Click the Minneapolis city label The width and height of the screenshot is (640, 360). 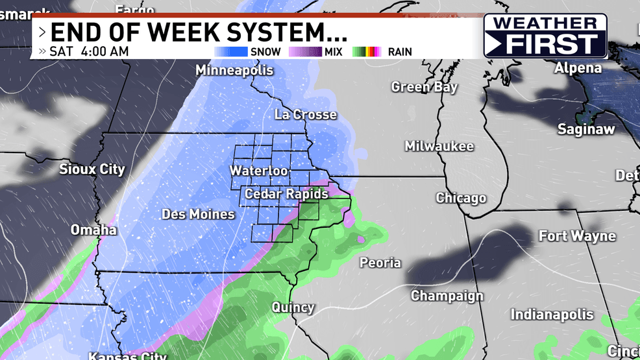point(234,69)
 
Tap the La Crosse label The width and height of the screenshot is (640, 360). point(306,115)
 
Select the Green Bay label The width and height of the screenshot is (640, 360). point(425,87)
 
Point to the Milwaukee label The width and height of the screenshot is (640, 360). point(439,147)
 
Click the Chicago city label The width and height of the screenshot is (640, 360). point(461,198)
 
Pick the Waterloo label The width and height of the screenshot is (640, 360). point(258,171)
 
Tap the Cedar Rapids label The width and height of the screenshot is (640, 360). point(286,194)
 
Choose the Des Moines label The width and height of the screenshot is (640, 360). point(198,214)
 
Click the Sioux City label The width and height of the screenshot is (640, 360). point(92,170)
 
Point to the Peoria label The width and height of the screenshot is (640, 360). point(380,263)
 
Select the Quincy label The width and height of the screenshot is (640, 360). point(293,307)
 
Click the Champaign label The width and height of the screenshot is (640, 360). point(447,296)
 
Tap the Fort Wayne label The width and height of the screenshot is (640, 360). point(577,236)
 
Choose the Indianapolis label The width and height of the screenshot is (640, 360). point(552,315)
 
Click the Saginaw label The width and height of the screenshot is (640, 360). point(586,130)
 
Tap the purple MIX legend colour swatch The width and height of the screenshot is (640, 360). point(304,51)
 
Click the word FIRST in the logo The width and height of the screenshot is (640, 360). point(552,44)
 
